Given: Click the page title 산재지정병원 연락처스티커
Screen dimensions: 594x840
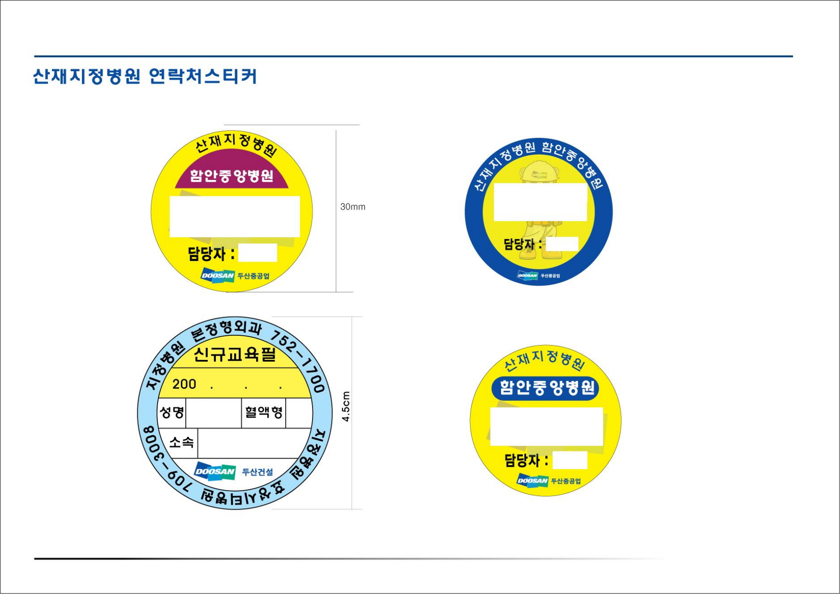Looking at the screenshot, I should pyautogui.click(x=145, y=76).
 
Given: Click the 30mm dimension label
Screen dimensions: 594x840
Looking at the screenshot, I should pyautogui.click(x=353, y=207).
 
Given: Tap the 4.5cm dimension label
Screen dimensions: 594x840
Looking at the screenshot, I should pyautogui.click(x=346, y=406).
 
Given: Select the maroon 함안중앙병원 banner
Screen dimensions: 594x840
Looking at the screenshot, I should pyautogui.click(x=231, y=176).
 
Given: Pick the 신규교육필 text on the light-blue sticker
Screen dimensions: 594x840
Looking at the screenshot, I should pyautogui.click(x=235, y=354).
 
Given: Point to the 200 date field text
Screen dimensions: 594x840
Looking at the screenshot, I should pyautogui.click(x=184, y=384).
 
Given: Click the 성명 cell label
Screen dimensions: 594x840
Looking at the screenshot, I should pyautogui.click(x=172, y=413).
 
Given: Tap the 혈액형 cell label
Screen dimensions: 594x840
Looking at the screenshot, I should pyautogui.click(x=264, y=412).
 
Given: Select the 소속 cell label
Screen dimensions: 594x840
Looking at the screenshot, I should pyautogui.click(x=181, y=442).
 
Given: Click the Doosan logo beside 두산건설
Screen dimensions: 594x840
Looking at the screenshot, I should pyautogui.click(x=215, y=471).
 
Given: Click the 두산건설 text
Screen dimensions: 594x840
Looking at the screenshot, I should pyautogui.click(x=257, y=472).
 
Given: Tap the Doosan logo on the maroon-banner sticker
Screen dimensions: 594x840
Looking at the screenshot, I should pyautogui.click(x=217, y=275).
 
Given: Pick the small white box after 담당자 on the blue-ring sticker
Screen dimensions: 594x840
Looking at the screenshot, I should pyautogui.click(x=562, y=244).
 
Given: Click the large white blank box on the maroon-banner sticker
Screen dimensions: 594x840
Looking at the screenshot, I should pyautogui.click(x=235, y=216).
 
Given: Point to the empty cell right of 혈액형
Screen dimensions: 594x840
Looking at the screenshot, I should pyautogui.click(x=299, y=413).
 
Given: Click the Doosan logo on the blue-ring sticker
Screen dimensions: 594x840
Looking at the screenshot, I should pyautogui.click(x=528, y=276).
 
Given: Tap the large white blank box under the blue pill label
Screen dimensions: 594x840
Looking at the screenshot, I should pyautogui.click(x=546, y=426).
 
